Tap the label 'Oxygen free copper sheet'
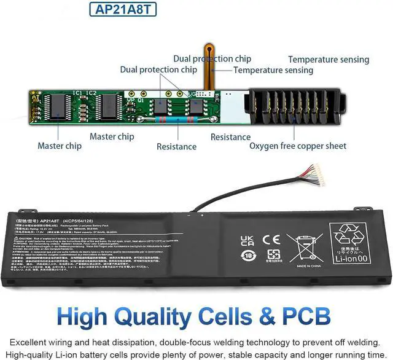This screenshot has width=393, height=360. (x=298, y=146)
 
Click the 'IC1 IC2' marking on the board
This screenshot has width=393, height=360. (x=85, y=93)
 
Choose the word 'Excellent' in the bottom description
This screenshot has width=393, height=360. (x=29, y=342)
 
